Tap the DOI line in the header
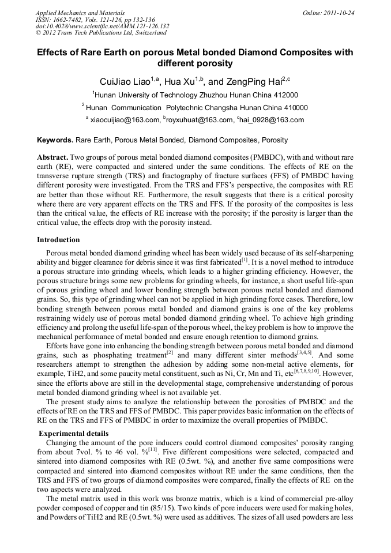pos(102,26)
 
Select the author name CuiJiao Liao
pos(122,81)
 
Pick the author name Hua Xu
pos(179,81)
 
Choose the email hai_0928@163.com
pos(273,120)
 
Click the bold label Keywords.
pos(55,140)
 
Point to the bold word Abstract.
pos(52,157)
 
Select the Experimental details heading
pos(73,434)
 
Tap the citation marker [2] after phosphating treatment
pos(170,352)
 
